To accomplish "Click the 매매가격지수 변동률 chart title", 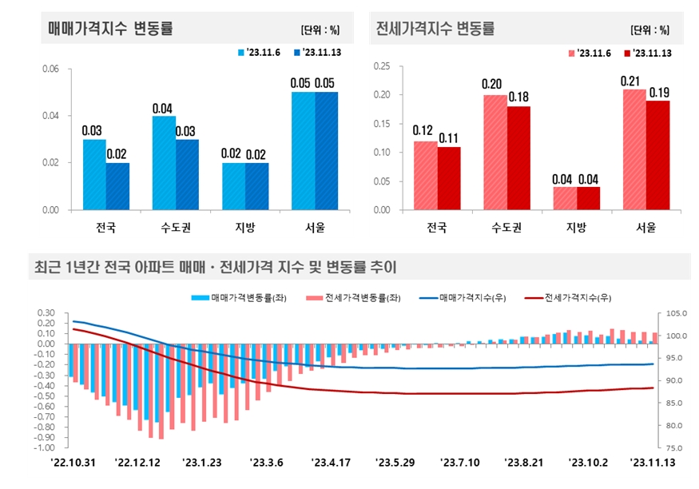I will pos(109,30).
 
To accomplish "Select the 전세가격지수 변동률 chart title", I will pos(435,29).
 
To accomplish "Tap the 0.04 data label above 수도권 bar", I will pos(163,108).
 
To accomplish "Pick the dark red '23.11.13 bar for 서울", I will pos(658,155).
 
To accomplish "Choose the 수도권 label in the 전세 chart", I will pos(506,228).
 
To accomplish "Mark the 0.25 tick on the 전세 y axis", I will pos(380,66).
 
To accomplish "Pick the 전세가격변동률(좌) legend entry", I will pos(356,297).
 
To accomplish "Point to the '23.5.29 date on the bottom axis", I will pos(396,463).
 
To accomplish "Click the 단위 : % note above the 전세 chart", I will pos(649,30).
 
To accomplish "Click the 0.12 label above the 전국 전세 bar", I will pos(423,129).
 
